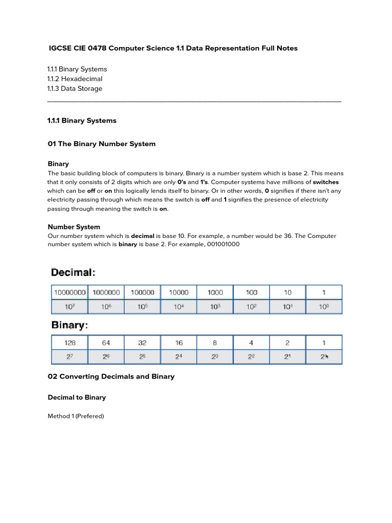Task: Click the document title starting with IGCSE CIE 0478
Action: (173, 48)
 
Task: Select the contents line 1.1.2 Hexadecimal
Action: (75, 79)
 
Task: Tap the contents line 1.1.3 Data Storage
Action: (75, 88)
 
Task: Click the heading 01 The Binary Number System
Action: (102, 144)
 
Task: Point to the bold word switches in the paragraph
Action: (326, 182)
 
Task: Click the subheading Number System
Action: (73, 227)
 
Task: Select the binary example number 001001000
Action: (224, 245)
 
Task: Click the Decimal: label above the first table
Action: (73, 273)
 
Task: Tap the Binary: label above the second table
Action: (69, 325)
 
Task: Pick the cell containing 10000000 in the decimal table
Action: (70, 293)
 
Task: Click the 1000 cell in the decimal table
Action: (215, 293)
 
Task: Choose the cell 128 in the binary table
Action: (70, 343)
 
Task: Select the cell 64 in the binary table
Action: (106, 343)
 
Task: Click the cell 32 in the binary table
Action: (142, 343)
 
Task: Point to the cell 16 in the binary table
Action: (179, 343)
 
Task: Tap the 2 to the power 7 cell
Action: (70, 356)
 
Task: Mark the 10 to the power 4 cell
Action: (179, 307)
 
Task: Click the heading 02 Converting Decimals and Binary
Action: (111, 376)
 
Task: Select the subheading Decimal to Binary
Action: (77, 397)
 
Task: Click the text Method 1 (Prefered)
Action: (76, 416)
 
